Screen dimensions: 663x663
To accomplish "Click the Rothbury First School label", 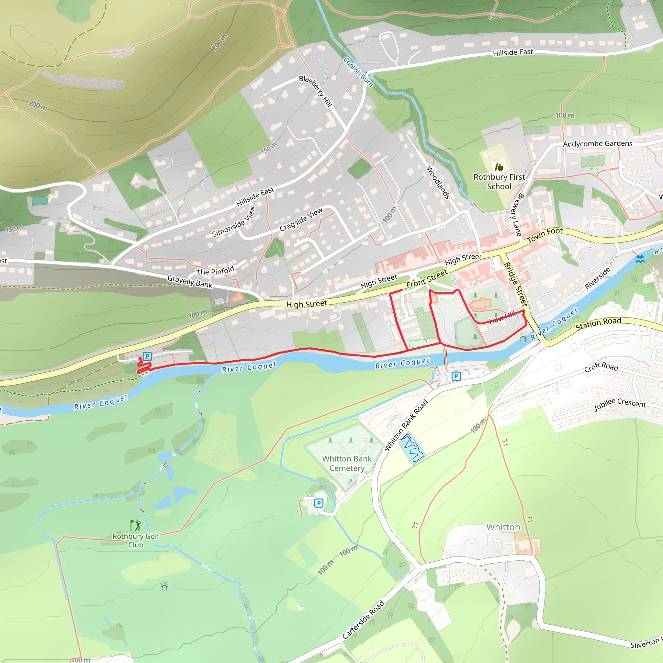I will pos(499,182).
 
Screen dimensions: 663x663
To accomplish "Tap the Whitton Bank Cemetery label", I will pos(347,463).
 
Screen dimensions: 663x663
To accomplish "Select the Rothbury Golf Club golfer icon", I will pos(136,525).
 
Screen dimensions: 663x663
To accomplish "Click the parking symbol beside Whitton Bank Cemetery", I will pos(319,503).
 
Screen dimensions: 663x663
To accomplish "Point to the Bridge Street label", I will pos(515,284).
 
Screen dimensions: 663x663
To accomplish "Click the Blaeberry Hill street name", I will pos(315,91).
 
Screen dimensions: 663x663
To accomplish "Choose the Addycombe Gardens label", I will pos(598,144).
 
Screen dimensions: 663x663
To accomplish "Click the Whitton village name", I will pos(503,527).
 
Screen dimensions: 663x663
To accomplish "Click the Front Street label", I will pos(427,279).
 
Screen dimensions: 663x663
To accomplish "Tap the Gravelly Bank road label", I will pos(190,281).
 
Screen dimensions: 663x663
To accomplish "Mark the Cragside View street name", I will pos(301,219).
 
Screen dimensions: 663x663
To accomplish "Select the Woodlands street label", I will pos(438,182).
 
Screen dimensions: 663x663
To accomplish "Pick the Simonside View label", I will pos(233,222).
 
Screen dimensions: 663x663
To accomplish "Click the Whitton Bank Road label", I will pos(406,425).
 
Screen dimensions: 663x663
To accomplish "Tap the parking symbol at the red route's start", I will pos(147,356).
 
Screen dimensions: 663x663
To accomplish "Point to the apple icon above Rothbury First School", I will pos(499,167).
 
